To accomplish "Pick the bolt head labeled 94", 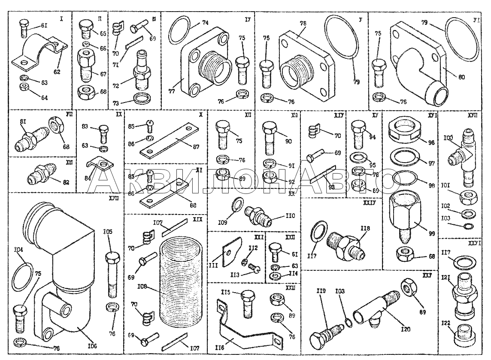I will pyautogui.click(x=358, y=127).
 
